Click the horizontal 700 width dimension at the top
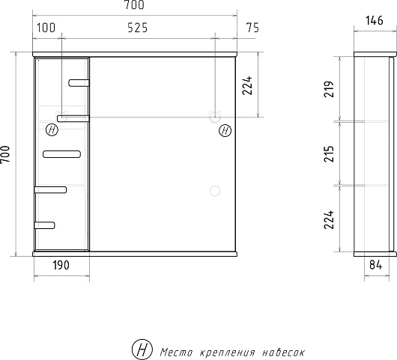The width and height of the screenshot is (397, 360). click(x=134, y=5)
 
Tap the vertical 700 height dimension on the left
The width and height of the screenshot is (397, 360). click(x=5, y=155)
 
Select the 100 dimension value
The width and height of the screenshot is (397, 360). click(x=46, y=28)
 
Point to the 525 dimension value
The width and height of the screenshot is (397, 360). click(x=138, y=28)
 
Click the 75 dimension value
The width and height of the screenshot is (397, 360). click(x=253, y=28)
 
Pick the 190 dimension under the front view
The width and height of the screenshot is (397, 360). click(x=61, y=265)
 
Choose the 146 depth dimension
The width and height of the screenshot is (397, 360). click(x=375, y=20)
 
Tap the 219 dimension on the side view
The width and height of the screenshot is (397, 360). click(x=329, y=89)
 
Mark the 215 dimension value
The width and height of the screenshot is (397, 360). click(x=329, y=154)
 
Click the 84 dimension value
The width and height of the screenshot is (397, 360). click(x=376, y=265)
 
